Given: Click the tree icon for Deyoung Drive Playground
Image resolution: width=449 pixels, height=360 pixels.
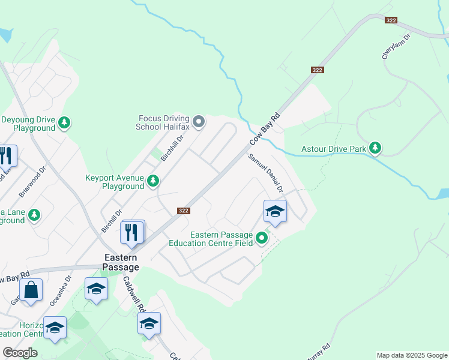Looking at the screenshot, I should click(64, 123).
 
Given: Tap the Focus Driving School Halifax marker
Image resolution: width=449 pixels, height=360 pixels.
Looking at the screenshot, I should click(199, 122).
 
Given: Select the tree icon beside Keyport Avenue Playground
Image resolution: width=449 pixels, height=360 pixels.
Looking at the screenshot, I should click(153, 180).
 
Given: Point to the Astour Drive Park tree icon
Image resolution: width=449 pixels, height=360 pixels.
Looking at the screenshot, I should click(375, 148).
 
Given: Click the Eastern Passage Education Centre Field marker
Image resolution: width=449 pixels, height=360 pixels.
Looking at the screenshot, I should click(262, 239).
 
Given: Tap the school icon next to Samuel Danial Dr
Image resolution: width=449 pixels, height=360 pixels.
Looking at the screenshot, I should click(275, 211).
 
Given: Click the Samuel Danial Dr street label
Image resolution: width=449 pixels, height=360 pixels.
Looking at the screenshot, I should click(266, 173).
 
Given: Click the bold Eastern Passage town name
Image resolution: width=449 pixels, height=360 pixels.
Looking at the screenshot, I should click(121, 262).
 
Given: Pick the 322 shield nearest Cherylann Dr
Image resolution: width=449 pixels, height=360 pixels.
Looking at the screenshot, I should click(391, 20).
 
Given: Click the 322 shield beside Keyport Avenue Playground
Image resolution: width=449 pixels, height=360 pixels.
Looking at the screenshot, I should click(184, 211).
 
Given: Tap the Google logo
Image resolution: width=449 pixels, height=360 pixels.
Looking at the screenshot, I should click(20, 353).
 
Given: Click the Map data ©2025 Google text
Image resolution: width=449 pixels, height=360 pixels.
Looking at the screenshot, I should click(412, 355).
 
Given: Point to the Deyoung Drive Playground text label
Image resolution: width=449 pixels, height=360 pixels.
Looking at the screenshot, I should click(28, 124).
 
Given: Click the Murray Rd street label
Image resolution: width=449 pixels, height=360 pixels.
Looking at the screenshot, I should click(318, 353).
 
